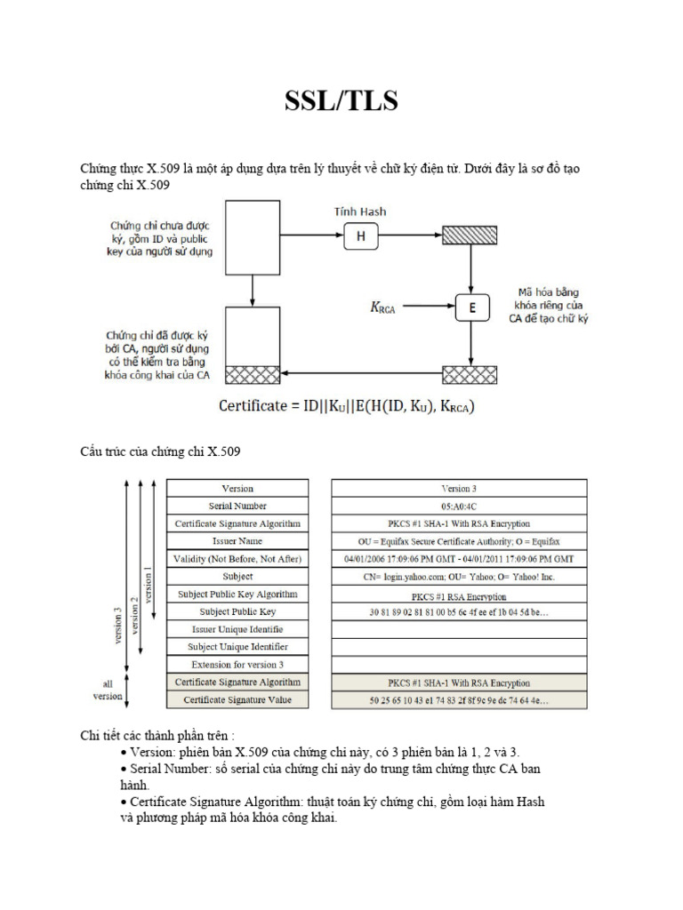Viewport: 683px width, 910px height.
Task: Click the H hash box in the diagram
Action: [360, 235]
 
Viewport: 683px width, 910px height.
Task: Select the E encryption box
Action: [472, 307]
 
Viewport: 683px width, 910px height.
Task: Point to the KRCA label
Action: [382, 308]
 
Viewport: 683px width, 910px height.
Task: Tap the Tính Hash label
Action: [360, 212]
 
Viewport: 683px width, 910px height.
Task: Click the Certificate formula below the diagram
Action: [347, 407]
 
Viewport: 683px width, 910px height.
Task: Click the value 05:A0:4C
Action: [459, 506]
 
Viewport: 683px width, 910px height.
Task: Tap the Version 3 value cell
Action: [459, 488]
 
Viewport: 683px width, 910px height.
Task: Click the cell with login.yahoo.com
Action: [459, 576]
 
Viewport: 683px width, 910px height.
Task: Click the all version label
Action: [108, 690]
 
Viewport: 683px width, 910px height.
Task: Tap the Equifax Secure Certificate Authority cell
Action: [459, 541]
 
